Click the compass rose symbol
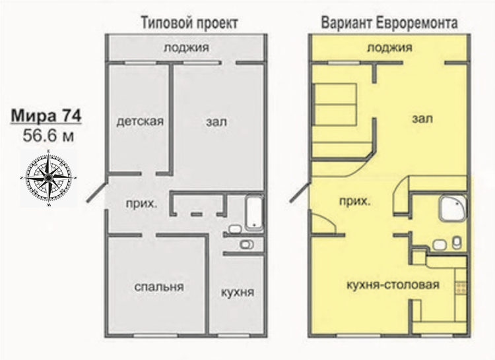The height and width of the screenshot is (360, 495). click(x=48, y=179)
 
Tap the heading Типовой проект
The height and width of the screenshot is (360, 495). click(x=189, y=23)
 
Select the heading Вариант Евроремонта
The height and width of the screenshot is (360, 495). click(x=389, y=23)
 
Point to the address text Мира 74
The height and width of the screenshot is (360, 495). click(x=46, y=115)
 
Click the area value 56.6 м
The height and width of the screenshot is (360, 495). click(x=48, y=136)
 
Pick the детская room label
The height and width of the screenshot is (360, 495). click(x=140, y=121)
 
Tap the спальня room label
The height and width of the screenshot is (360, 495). click(x=159, y=287)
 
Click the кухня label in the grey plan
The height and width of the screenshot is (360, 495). click(x=237, y=292)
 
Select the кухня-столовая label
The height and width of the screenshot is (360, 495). click(x=393, y=285)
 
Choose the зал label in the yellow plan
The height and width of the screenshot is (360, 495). click(x=422, y=119)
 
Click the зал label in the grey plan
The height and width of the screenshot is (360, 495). click(x=216, y=122)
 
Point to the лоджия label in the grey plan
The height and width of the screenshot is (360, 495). click(x=186, y=47)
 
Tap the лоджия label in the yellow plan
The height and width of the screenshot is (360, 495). click(x=389, y=47)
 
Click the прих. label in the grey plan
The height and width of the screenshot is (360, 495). click(x=141, y=204)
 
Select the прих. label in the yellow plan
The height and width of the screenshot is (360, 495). click(x=354, y=201)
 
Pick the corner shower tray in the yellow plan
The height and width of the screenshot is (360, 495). click(x=453, y=208)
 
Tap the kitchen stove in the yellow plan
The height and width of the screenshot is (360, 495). click(x=461, y=287)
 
